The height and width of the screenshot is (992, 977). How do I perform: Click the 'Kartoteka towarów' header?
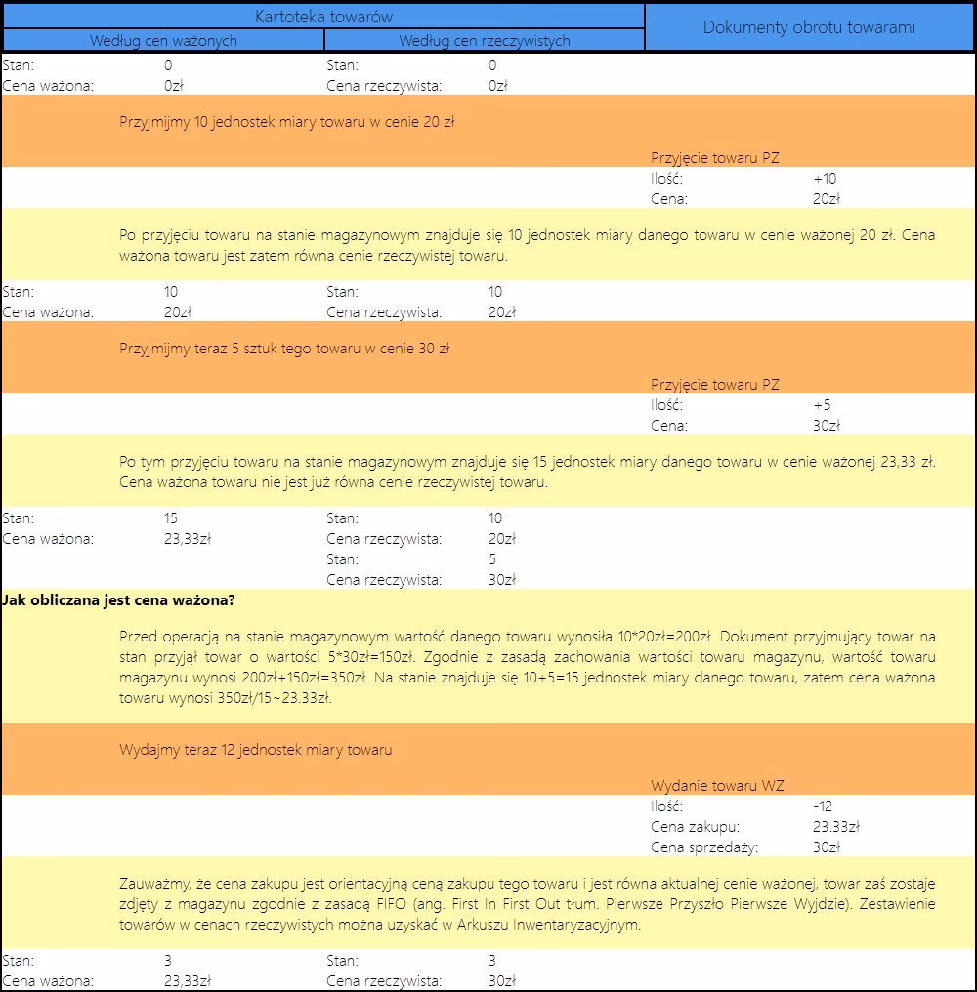323,16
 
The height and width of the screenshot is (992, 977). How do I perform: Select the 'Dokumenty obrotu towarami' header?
809,27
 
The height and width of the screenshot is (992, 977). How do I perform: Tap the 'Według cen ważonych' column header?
163,41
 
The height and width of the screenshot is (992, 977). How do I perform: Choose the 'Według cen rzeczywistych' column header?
485,41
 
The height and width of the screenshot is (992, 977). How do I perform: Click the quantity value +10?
825,179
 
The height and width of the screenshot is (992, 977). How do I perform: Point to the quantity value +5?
822,405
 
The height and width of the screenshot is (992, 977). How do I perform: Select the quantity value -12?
822,806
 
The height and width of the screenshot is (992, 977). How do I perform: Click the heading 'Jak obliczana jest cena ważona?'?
119,599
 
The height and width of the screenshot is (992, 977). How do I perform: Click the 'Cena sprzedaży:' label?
703,847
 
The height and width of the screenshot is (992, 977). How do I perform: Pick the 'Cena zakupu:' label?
695,827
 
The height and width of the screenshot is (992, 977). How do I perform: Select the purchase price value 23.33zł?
835,827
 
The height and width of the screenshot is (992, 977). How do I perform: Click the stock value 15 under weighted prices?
172,518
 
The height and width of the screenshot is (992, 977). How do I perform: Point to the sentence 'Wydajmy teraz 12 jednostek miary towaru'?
256,750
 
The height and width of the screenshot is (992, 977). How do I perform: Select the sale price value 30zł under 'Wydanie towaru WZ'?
826,847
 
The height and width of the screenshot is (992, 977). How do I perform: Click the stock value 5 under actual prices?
492,559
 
